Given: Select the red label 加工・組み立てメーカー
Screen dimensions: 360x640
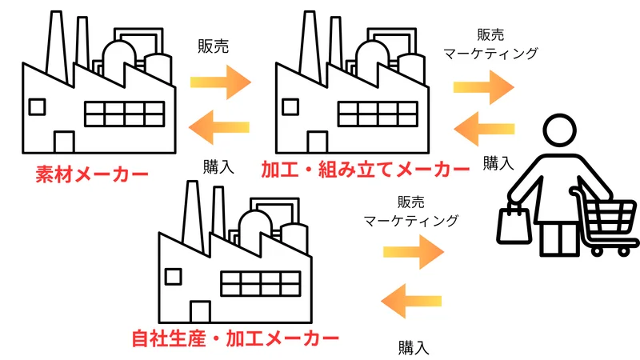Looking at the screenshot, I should pos(365,171).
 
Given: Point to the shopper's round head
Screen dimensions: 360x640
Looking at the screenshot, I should pos(558,132).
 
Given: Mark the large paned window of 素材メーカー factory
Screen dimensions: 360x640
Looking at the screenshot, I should pos(124,114).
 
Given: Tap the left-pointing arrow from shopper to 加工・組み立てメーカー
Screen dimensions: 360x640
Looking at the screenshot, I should pos(484,126).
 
